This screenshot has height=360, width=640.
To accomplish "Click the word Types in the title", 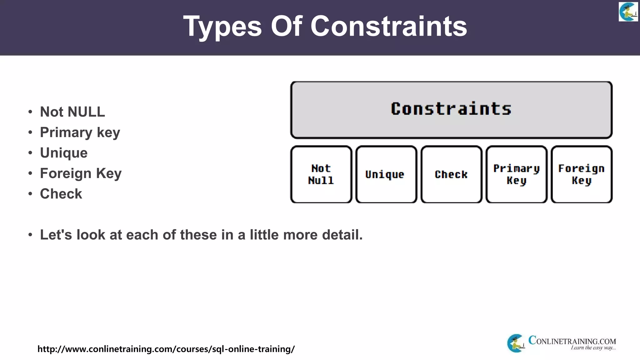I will (x=222, y=27).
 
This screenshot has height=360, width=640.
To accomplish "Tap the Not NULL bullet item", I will (x=72, y=112).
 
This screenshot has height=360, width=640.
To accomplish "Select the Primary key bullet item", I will (x=80, y=132).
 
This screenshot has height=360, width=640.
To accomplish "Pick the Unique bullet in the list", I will (x=63, y=153).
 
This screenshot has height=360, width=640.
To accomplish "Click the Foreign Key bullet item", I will (x=81, y=173).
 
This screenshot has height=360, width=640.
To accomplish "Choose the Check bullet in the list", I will (x=61, y=194).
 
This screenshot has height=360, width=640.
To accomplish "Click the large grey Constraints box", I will (x=451, y=110).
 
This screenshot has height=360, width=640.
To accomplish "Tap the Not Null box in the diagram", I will (x=321, y=174).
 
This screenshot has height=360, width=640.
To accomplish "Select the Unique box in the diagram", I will (x=386, y=174).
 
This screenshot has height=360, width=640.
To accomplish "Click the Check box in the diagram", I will (x=451, y=174).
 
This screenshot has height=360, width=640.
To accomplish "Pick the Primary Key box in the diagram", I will (x=516, y=174).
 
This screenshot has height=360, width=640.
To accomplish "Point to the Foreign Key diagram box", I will (x=581, y=174).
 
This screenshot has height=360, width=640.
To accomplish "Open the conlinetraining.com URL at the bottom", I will (x=166, y=349).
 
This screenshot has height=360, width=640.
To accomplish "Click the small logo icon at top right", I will (x=628, y=12).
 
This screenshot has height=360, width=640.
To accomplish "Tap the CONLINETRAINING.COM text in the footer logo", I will (x=572, y=341).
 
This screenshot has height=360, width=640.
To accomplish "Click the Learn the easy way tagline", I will (x=593, y=348).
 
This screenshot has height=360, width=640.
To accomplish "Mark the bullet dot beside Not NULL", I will (x=30, y=112).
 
